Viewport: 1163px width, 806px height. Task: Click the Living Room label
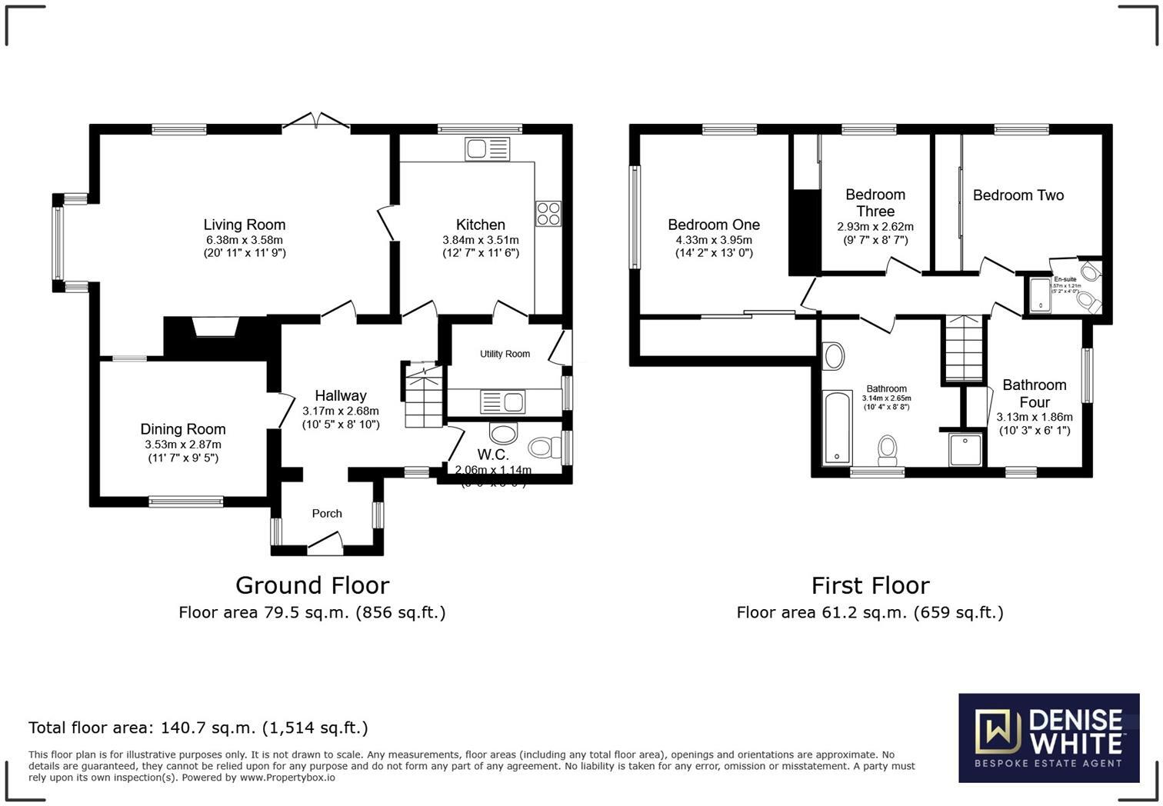click(244, 225)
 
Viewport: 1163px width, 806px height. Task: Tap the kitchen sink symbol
click(487, 148)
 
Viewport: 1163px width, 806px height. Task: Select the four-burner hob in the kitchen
click(548, 213)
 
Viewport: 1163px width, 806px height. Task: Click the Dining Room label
click(183, 429)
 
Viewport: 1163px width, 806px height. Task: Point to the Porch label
click(327, 513)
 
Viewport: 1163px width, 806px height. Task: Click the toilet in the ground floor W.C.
click(545, 447)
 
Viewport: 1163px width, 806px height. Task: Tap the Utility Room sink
click(502, 401)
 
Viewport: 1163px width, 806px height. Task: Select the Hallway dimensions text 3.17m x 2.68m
click(341, 411)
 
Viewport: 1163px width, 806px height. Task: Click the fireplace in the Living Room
click(215, 328)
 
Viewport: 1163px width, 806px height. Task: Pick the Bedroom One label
click(714, 225)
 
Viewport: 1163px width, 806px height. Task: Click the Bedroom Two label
click(1018, 195)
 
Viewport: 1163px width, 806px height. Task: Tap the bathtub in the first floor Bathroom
click(836, 428)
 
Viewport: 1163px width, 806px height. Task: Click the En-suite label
click(1065, 279)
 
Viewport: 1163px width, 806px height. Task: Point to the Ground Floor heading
click(312, 585)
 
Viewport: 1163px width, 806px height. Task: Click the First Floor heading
click(870, 585)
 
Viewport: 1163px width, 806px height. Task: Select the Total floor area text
click(198, 728)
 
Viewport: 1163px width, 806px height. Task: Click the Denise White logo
click(1048, 738)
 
